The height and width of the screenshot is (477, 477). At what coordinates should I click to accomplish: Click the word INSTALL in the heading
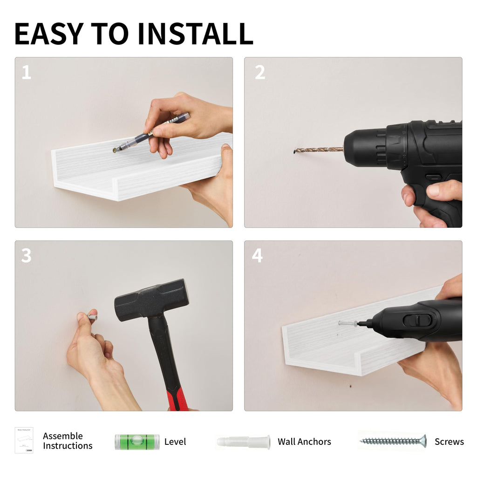(x=195, y=34)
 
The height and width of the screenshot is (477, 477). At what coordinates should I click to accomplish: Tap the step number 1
(x=27, y=72)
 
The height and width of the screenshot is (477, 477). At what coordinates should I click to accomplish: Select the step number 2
(x=260, y=72)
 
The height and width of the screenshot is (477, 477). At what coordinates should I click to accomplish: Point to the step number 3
(x=27, y=256)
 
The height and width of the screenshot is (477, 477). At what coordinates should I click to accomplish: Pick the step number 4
(x=257, y=256)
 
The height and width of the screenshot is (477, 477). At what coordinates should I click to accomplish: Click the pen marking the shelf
(x=151, y=132)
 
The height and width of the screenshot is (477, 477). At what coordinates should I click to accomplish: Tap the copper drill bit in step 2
(x=319, y=150)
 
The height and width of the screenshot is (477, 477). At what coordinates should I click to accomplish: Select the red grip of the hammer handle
(x=178, y=399)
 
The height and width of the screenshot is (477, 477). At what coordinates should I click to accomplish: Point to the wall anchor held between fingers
(x=93, y=317)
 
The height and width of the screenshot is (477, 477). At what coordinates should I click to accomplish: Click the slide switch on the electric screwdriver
(x=417, y=320)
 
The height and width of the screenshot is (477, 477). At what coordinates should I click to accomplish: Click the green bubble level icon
(x=137, y=442)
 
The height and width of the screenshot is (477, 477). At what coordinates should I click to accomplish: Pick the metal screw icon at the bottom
(x=393, y=441)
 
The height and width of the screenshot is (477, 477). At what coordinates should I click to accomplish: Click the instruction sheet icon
(x=24, y=440)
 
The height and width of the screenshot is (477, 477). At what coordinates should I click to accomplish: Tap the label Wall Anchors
(x=304, y=442)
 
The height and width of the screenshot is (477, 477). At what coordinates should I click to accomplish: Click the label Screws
(x=449, y=442)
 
